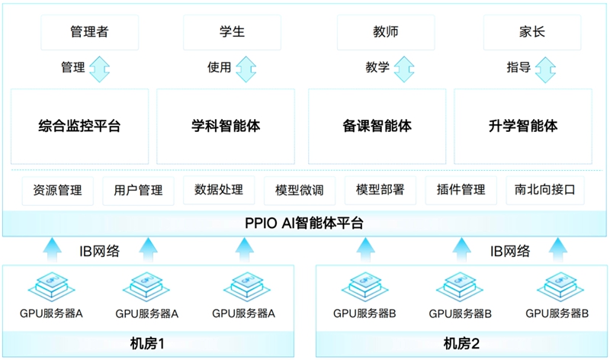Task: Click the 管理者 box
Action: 89,32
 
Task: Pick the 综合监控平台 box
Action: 79,126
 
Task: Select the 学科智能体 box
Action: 226,126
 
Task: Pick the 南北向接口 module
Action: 544,190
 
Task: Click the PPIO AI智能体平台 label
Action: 304,223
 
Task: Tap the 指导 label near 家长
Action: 518,67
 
